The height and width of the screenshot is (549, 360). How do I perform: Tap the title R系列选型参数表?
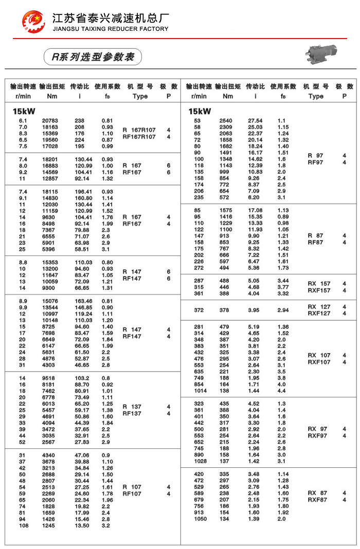pyautogui.click(x=93, y=57)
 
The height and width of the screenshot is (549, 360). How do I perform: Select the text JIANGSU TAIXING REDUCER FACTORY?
pyautogui.click(x=111, y=29)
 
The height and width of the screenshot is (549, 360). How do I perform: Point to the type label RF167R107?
pyautogui.click(x=139, y=137)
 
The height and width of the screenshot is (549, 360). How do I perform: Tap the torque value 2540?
pyautogui.click(x=226, y=121)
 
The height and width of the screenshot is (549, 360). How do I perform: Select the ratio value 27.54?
pyautogui.click(x=255, y=121)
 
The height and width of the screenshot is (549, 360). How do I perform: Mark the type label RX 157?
pyautogui.click(x=319, y=284)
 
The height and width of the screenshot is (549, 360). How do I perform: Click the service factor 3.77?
pyautogui.click(x=283, y=287)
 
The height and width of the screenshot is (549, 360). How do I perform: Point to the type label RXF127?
pyautogui.click(x=319, y=313)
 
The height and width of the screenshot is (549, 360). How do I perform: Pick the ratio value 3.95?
pyautogui.click(x=255, y=310)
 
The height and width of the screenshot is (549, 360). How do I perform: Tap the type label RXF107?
pyautogui.click(x=319, y=362)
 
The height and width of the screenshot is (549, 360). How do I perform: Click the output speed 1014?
pyautogui.click(x=200, y=391)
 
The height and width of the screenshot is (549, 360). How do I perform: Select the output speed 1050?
pyautogui.click(x=200, y=519)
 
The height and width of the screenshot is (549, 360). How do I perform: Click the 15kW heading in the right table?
pyautogui.click(x=200, y=111)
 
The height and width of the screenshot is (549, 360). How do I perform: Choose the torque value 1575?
pyautogui.click(x=226, y=210)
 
